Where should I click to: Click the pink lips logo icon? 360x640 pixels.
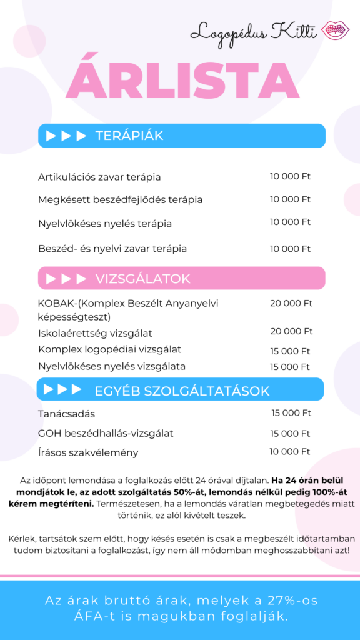click(335, 30)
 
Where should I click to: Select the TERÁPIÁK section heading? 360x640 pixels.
click(129, 136)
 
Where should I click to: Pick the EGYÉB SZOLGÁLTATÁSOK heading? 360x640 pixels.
click(182, 391)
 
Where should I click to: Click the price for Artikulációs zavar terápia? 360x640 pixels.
click(290, 176)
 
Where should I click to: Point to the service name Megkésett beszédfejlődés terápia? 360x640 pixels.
click(120, 200)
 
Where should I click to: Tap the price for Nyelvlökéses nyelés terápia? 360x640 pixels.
click(290, 222)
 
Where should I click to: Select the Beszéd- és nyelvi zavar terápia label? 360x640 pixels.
click(112, 249)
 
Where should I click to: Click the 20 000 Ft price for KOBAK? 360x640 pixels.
click(291, 304)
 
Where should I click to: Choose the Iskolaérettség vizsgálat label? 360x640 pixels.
click(95, 333)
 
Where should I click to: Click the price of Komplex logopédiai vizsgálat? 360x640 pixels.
click(290, 351)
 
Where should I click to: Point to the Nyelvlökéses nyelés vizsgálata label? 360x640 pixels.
click(112, 366)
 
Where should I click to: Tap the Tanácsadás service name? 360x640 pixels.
click(67, 414)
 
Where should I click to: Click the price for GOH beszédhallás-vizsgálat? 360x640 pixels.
click(291, 434)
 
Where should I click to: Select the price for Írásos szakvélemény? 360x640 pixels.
click(290, 451)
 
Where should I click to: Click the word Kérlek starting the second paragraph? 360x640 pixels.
click(23, 539)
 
